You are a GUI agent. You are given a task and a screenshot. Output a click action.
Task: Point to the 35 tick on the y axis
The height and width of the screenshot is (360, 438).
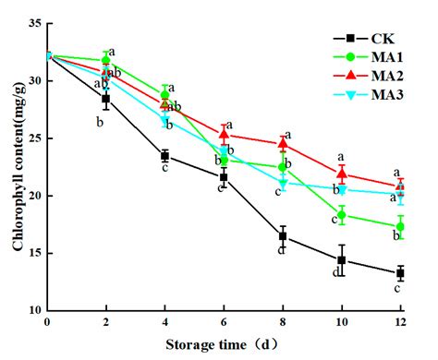34,23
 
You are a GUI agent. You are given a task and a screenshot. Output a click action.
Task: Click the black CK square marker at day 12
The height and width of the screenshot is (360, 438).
400,273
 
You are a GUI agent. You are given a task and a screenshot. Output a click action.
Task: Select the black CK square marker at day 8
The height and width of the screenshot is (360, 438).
283,236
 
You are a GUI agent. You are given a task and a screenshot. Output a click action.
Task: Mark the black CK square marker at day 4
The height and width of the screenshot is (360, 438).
164,156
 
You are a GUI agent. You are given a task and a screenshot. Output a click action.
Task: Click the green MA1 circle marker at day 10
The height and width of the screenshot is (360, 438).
342,215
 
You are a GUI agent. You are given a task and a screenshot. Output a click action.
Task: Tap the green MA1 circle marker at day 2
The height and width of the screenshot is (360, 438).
106,60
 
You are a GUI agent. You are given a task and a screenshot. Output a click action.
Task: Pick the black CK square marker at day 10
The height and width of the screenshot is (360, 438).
342,260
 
